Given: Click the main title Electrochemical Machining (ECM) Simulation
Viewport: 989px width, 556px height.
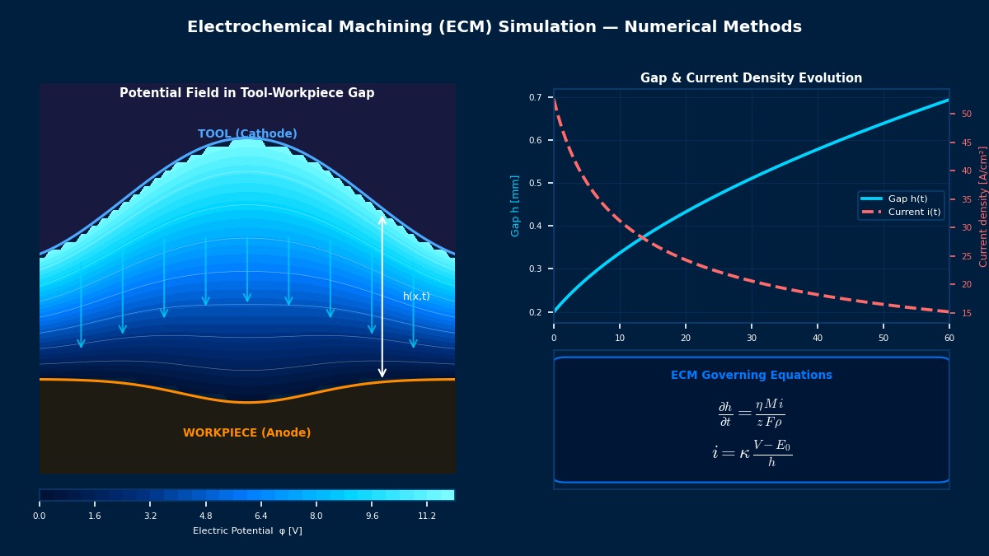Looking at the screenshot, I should pyautogui.click(x=494, y=27).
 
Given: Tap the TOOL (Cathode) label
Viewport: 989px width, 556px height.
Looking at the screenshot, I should pyautogui.click(x=247, y=133).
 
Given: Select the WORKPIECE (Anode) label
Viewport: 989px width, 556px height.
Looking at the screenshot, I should pyautogui.click(x=246, y=432).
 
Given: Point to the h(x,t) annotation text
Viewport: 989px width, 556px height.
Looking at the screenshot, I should pyautogui.click(x=416, y=297).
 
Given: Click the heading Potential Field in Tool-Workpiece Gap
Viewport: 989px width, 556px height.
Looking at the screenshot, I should pyautogui.click(x=246, y=93).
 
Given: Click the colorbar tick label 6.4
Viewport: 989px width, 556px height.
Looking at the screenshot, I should pyautogui.click(x=260, y=516).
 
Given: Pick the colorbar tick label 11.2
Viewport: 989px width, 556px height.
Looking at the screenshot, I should pyautogui.click(x=427, y=516).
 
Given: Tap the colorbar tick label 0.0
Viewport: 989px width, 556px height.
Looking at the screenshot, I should pyautogui.click(x=40, y=516).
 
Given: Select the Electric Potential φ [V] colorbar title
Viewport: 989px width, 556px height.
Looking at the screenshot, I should pyautogui.click(x=247, y=531).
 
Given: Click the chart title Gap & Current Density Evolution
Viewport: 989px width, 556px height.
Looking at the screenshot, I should pyautogui.click(x=751, y=78).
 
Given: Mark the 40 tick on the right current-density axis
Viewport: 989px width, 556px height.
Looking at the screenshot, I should pyautogui.click(x=967, y=171).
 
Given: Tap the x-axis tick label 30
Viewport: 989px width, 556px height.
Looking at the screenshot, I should pyautogui.click(x=751, y=338).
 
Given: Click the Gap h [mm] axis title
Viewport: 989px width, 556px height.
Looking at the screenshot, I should pyautogui.click(x=516, y=205).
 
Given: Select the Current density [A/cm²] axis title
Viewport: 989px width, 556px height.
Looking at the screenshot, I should pyautogui.click(x=983, y=206).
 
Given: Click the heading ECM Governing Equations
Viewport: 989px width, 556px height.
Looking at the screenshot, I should pyautogui.click(x=751, y=375).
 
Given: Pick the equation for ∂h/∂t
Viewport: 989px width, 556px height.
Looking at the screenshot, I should pyautogui.click(x=751, y=413).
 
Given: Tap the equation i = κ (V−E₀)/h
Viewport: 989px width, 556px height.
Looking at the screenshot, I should pyautogui.click(x=751, y=452).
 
